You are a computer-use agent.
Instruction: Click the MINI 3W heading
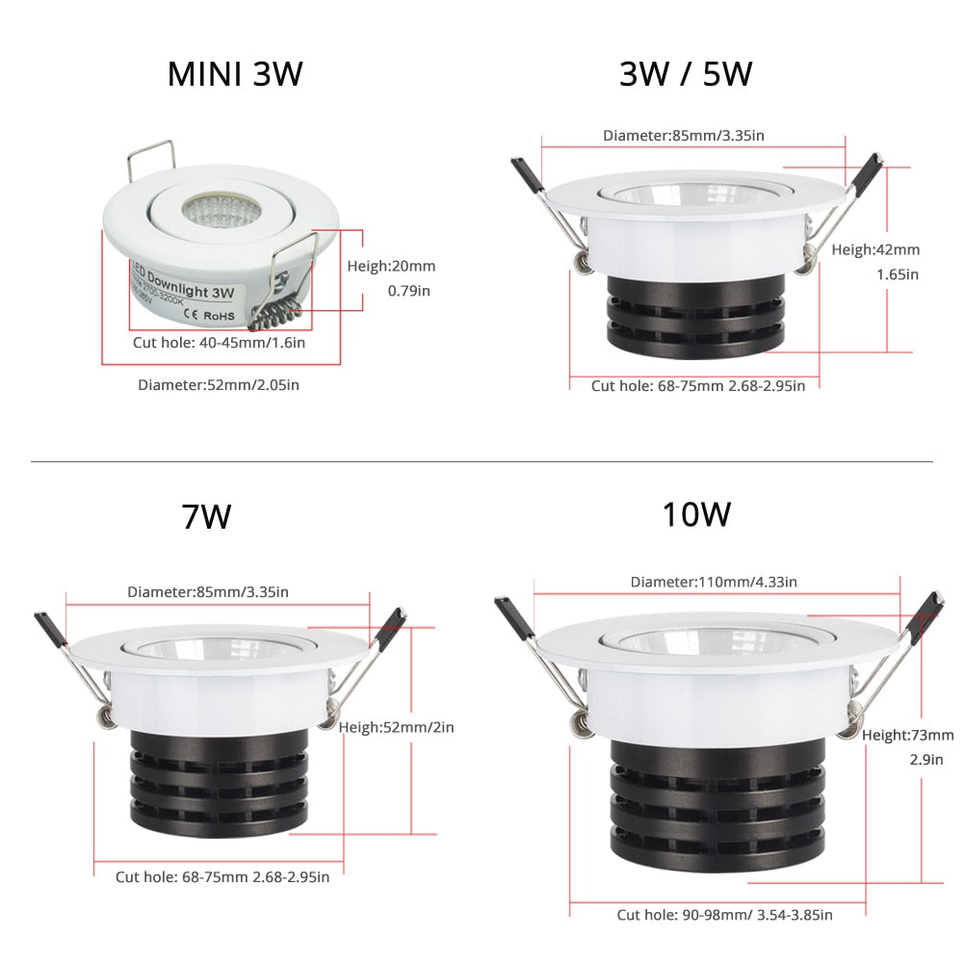pyautogui.click(x=235, y=74)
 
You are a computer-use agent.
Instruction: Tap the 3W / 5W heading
pyautogui.click(x=685, y=73)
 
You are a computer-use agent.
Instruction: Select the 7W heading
pyautogui.click(x=207, y=517)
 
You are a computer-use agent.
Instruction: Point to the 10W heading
pyautogui.click(x=695, y=513)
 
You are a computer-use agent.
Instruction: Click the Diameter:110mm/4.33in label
pyautogui.click(x=714, y=582)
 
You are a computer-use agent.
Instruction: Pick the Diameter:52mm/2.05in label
pyautogui.click(x=219, y=385)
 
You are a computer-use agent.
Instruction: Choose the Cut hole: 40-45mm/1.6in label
pyautogui.click(x=219, y=342)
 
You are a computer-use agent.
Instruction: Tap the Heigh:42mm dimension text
pyautogui.click(x=875, y=249)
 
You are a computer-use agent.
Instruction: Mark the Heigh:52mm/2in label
pyautogui.click(x=396, y=727)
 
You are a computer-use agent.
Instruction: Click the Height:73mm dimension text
pyautogui.click(x=908, y=735)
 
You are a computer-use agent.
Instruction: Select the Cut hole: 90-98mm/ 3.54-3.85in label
pyautogui.click(x=725, y=915)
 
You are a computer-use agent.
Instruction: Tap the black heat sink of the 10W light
pyautogui.click(x=717, y=803)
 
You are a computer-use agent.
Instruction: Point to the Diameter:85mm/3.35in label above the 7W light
pyautogui.click(x=208, y=591)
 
